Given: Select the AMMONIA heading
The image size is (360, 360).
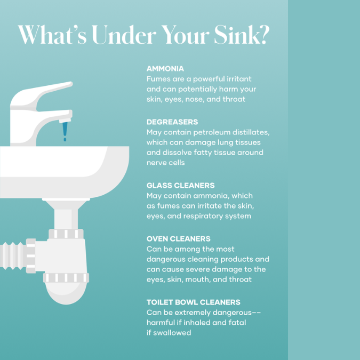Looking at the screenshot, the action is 165,69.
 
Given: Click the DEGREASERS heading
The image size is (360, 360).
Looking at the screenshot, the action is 172,122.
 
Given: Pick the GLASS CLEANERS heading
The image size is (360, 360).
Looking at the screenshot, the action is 180,185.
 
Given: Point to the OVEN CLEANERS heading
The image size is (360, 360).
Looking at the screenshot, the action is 178,239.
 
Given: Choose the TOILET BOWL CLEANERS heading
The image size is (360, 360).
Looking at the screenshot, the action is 193,302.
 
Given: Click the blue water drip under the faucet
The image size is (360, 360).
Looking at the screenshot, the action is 65,131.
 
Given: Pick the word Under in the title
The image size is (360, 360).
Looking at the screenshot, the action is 124,35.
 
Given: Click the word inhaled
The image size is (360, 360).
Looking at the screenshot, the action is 197,323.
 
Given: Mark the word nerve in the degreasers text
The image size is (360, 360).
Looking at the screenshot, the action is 155,163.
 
